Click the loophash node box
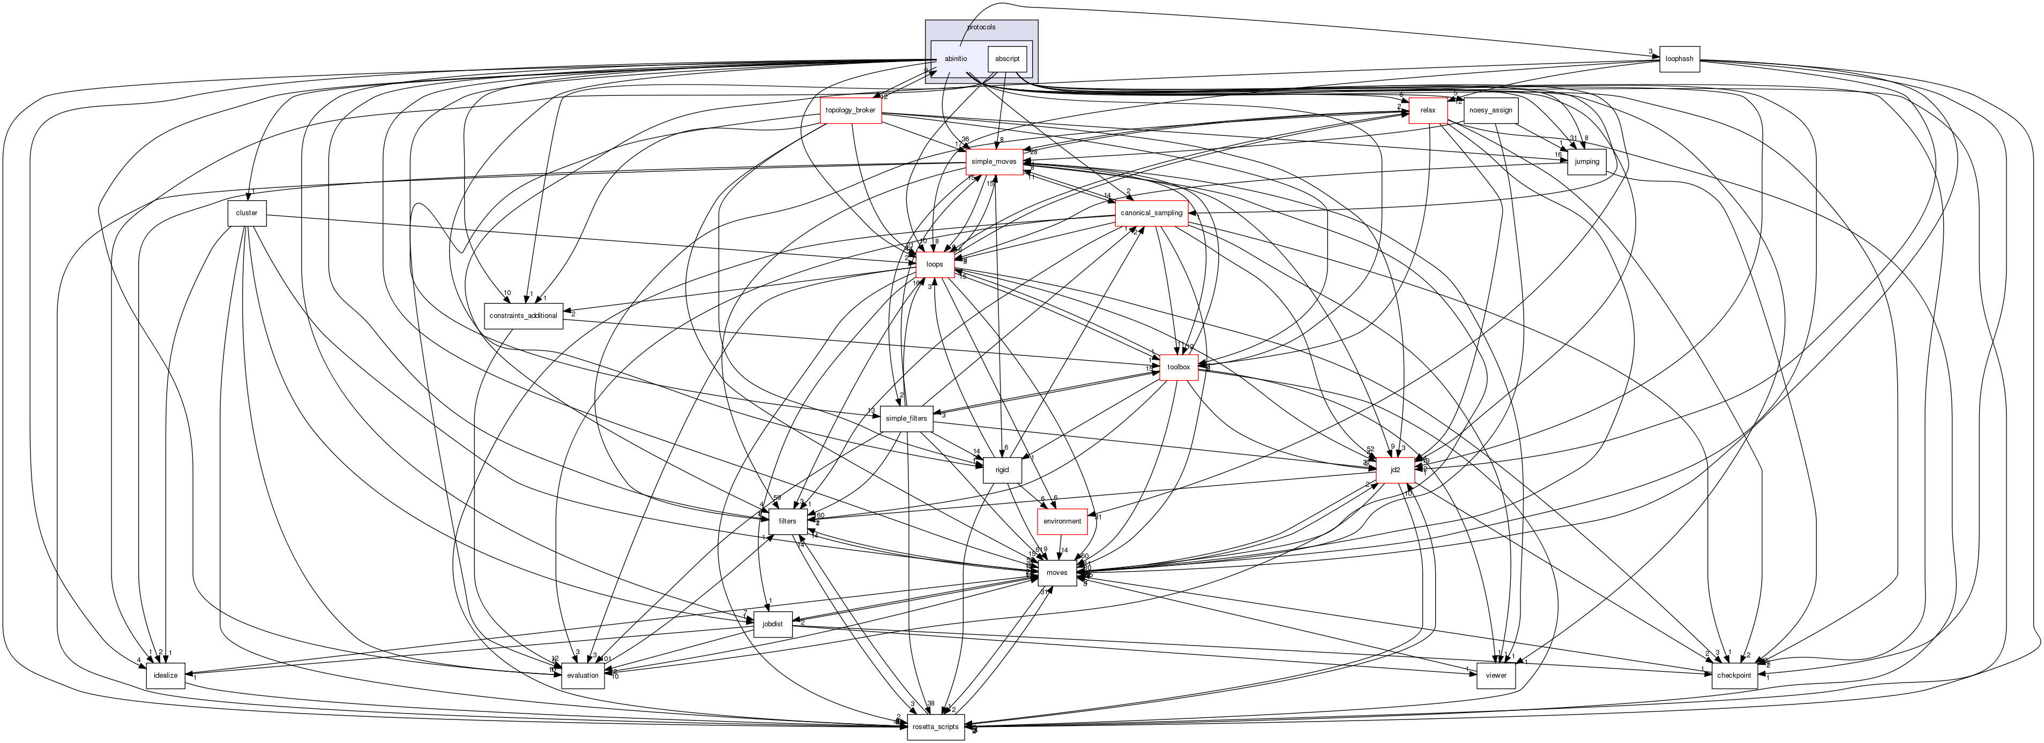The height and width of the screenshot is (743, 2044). click(1679, 59)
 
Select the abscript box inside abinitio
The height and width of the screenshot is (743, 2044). click(1007, 59)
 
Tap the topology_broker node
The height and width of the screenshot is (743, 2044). click(850, 110)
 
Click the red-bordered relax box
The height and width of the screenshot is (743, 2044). click(1428, 110)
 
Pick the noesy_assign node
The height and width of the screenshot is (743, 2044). click(1490, 110)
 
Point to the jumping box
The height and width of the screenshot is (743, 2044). click(1586, 162)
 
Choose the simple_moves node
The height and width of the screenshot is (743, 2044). click(994, 162)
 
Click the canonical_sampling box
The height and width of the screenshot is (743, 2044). click(1151, 213)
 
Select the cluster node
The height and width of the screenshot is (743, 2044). click(247, 213)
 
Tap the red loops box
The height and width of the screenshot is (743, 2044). click(935, 264)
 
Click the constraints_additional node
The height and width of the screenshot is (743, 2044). click(524, 316)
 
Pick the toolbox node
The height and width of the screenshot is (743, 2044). click(1178, 367)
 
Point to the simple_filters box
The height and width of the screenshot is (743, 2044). click(906, 419)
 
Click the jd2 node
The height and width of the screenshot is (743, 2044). click(1396, 470)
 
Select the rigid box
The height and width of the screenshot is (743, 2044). click(1002, 470)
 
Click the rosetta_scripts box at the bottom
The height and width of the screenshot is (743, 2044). click(936, 726)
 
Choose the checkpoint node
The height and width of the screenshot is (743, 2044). click(1734, 676)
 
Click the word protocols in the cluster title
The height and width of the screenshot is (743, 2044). click(981, 27)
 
